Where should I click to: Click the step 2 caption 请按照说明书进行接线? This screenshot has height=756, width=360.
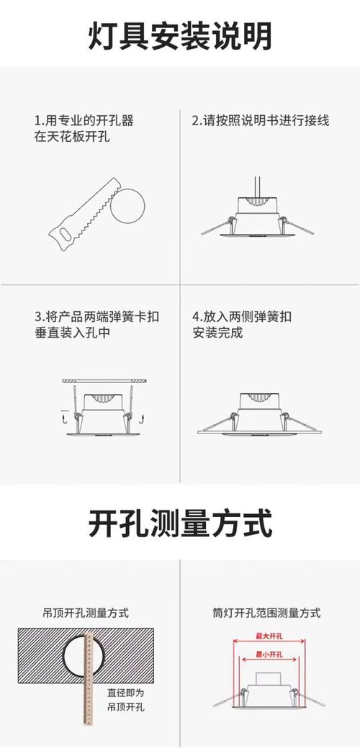[260, 120]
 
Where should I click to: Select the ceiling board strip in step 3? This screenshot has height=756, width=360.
[104, 379]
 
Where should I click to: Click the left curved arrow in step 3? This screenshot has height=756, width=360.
[65, 416]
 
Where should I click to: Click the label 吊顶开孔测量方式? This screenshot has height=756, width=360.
[85, 613]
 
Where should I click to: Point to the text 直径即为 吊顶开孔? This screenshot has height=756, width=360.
[126, 701]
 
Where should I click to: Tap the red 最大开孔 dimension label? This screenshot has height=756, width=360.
[268, 636]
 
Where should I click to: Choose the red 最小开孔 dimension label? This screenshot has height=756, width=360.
[268, 654]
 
